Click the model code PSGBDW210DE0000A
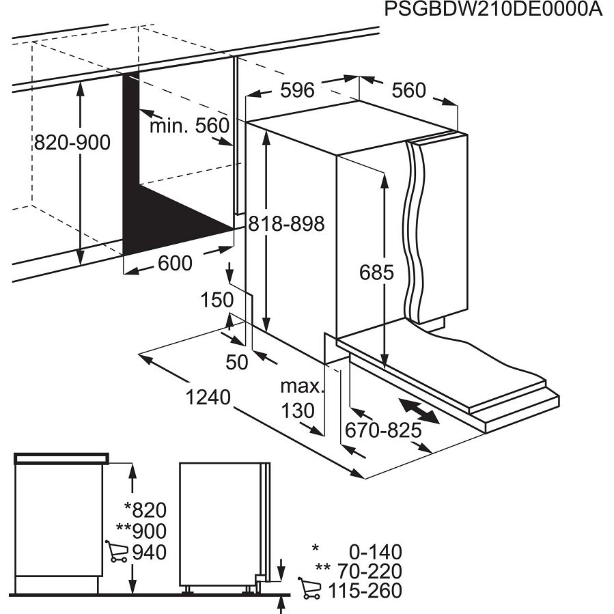494,11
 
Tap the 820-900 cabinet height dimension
72,142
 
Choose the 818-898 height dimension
286,223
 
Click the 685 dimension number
377,273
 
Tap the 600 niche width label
175,262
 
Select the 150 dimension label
217,300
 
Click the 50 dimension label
236,362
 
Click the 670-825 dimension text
382,431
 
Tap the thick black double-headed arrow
419,411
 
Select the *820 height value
145,510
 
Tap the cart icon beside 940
117,550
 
